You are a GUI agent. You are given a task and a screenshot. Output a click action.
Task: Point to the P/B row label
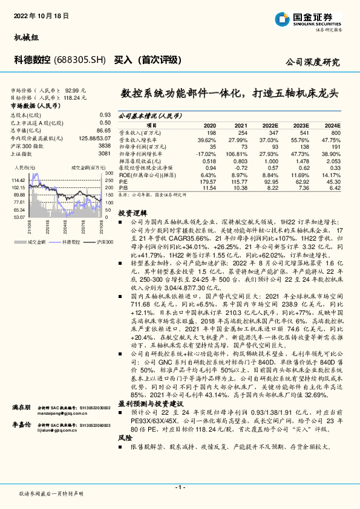[123, 188]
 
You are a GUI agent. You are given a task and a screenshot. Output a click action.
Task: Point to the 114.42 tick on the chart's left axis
[16, 180]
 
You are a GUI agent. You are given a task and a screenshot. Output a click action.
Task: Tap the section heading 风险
[124, 436]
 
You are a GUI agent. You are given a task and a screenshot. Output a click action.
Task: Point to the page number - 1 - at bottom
[180, 487]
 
